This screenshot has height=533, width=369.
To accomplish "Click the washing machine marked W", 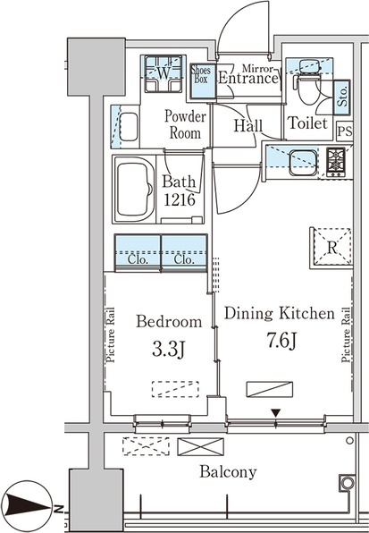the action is click(x=163, y=73).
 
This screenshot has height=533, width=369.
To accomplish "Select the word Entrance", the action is click(x=248, y=79).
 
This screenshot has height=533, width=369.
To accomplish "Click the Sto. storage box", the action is click(x=342, y=97).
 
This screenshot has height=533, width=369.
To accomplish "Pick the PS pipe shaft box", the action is click(x=345, y=131).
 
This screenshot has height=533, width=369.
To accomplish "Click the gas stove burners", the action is click(x=336, y=163).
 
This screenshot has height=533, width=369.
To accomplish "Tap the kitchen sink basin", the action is click(x=303, y=163).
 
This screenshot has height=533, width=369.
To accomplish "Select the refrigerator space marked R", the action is click(x=331, y=248).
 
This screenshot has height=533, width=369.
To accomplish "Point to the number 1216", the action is click(x=180, y=200).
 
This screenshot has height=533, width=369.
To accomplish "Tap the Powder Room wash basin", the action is click(x=129, y=127).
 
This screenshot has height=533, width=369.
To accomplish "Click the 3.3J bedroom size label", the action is click(x=168, y=351).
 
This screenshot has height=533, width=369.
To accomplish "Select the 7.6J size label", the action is click(x=281, y=341).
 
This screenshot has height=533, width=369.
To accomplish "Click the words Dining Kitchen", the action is click(x=280, y=313).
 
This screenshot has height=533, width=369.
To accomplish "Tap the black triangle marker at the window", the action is click(x=276, y=413).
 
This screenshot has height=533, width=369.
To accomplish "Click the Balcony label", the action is click(x=228, y=472).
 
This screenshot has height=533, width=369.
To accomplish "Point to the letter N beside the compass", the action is click(x=59, y=508).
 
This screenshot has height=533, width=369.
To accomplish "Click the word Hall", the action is click(x=248, y=126).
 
